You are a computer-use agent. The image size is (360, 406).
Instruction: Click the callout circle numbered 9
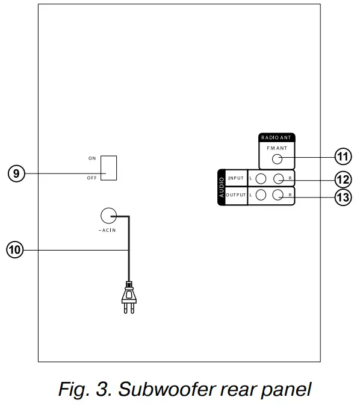click(x=16, y=173)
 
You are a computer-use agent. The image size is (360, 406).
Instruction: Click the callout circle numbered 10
click(x=14, y=250)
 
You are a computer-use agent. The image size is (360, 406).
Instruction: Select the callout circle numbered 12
click(x=343, y=180)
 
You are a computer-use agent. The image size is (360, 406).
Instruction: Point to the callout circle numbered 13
click(x=343, y=198)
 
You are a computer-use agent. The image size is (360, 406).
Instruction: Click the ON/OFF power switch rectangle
click(x=108, y=167)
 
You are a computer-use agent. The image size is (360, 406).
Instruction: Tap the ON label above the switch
click(x=92, y=158)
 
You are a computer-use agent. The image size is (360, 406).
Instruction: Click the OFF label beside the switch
click(x=92, y=178)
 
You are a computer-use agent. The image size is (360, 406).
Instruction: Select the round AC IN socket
click(x=108, y=216)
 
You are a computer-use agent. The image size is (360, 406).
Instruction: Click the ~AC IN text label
click(x=107, y=231)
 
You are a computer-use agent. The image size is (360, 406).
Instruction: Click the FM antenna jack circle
click(x=277, y=160)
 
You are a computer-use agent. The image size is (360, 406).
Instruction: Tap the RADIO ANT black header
click(x=277, y=138)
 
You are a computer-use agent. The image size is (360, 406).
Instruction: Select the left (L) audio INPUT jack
click(x=261, y=179)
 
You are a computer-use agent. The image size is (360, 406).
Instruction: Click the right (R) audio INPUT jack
click(x=278, y=179)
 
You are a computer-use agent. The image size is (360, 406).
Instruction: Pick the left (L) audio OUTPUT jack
click(x=261, y=195)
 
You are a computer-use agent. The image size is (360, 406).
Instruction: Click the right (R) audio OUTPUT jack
click(x=278, y=195)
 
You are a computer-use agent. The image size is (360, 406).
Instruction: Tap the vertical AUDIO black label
click(x=222, y=187)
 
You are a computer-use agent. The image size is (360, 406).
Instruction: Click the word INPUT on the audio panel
click(x=236, y=179)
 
